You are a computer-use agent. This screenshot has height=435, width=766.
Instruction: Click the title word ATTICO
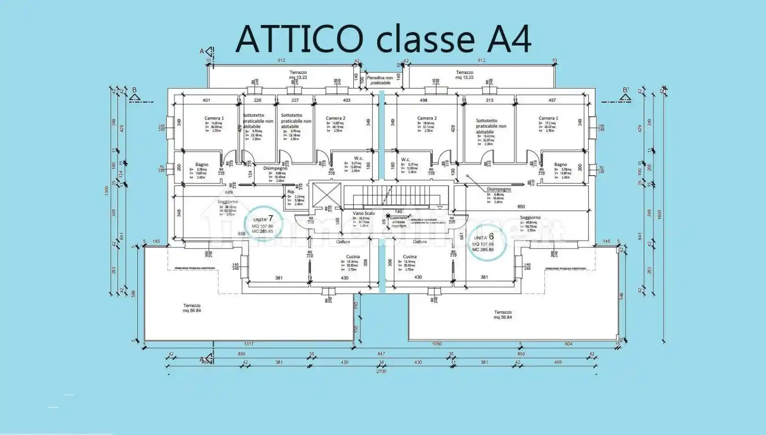(x=299, y=39)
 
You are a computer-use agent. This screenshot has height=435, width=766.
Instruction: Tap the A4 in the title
(x=509, y=39)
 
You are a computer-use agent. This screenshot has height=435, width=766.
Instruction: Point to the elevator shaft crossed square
(x=325, y=196)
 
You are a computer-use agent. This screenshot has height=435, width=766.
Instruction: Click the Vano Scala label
(x=363, y=213)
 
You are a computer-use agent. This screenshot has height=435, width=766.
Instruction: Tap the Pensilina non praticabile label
(x=380, y=80)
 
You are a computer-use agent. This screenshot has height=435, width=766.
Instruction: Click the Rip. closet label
(x=291, y=192)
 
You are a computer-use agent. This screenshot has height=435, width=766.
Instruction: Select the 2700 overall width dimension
(x=381, y=371)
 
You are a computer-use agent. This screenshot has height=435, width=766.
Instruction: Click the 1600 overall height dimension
(x=660, y=214)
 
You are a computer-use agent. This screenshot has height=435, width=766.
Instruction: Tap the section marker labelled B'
(x=626, y=90)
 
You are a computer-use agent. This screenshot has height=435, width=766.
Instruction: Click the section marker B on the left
(x=134, y=90)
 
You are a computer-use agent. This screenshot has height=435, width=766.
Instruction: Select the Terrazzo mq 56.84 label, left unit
(x=192, y=308)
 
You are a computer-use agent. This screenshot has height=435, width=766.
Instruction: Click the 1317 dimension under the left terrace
(x=248, y=344)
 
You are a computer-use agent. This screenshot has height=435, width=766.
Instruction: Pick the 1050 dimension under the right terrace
(x=437, y=344)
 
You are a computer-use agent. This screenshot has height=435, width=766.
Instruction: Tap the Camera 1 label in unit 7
(x=214, y=118)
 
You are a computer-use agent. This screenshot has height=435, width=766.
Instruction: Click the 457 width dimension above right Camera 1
(x=552, y=100)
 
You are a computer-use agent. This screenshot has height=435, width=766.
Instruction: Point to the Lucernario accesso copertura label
(x=399, y=222)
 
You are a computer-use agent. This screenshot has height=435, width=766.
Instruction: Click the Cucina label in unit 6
(x=409, y=257)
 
